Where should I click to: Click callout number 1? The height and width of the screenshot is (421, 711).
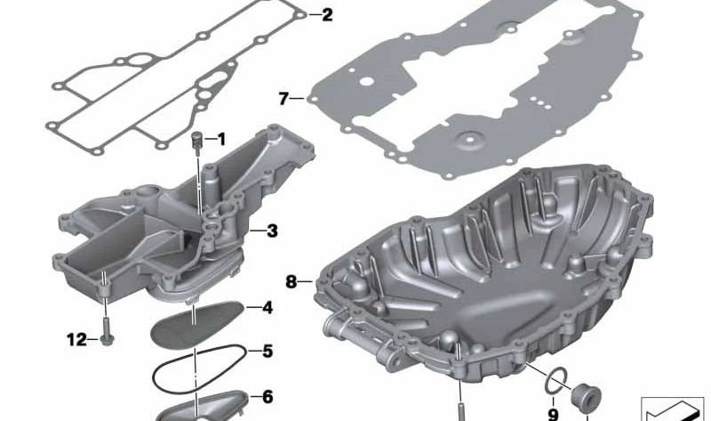220,139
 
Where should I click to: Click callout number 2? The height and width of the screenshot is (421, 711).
327,14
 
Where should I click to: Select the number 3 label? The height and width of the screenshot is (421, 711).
272,231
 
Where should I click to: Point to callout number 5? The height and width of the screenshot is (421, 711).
267,351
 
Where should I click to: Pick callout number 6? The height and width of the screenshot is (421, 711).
267,397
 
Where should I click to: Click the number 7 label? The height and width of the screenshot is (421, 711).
284,99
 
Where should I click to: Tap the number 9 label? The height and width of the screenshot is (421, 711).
552,413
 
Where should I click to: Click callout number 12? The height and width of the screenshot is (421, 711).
77,337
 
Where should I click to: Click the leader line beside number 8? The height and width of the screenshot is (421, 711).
307,282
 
